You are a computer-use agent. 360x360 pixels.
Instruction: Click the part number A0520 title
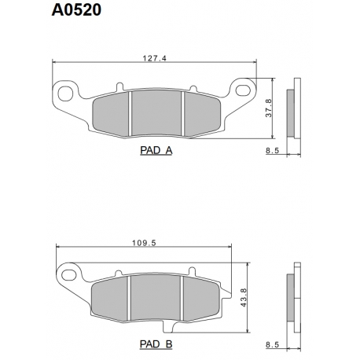(x=76, y=10)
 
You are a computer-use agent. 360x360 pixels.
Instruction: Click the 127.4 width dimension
(x=154, y=58)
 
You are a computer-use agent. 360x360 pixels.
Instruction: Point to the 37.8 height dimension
(x=269, y=108)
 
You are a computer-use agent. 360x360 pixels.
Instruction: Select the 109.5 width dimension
(x=144, y=243)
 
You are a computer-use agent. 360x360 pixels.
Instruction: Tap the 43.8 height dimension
(x=244, y=297)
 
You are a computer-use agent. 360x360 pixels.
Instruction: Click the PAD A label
(x=156, y=150)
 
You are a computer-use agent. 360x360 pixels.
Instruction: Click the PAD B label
(x=156, y=343)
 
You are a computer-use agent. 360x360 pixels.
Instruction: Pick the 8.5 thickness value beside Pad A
(x=273, y=151)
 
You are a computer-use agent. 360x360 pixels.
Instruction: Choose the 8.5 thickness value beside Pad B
(x=273, y=344)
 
